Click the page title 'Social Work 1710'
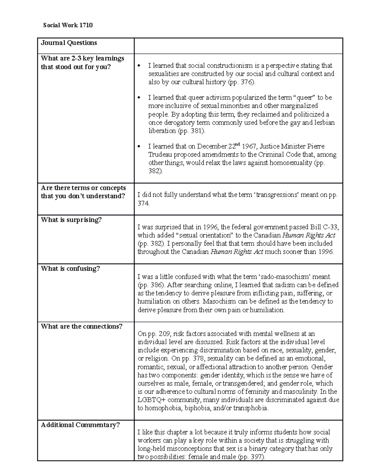[x=68, y=25]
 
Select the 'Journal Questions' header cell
[x=69, y=43]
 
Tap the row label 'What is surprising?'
[x=71, y=220]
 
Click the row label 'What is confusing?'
[x=70, y=269]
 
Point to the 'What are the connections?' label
[x=81, y=326]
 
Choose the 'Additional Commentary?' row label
[x=80, y=425]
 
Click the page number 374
[x=143, y=203]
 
